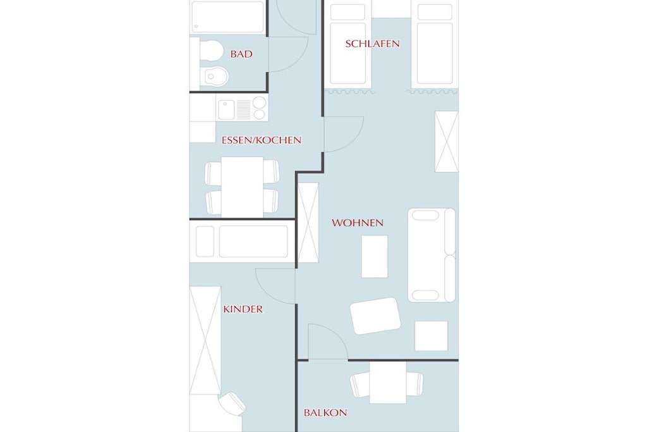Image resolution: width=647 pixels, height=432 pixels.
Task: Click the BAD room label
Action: pos(241,54)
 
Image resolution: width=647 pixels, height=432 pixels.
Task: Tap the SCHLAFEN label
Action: pos(372,44)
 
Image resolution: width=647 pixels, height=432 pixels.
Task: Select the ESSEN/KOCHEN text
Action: pos(262,140)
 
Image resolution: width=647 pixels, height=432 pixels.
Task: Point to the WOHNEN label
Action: pos(358,223)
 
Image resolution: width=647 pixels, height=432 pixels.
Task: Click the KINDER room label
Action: pos(243,309)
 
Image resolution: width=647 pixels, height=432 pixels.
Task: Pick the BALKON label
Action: pos(325,412)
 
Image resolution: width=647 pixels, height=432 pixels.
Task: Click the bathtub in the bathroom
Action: pos(227,17)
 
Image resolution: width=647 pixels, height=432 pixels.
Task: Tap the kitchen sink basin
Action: pos(226,109)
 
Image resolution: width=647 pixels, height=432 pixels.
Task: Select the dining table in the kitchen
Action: pos(242,187)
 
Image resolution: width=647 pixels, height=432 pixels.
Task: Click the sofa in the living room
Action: pos(432,255)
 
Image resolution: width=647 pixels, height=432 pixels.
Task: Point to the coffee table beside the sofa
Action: pos(375,256)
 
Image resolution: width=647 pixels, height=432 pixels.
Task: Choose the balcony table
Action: pos(388,383)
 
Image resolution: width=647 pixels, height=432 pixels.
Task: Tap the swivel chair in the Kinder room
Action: pos(232,403)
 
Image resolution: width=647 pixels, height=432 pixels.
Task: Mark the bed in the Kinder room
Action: pos(242,241)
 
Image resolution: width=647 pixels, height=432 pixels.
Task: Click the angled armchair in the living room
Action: pos(375,316)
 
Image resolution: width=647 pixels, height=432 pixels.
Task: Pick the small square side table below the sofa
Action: pos(431,336)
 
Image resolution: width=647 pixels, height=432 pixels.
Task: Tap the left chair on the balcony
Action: pos(360,384)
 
